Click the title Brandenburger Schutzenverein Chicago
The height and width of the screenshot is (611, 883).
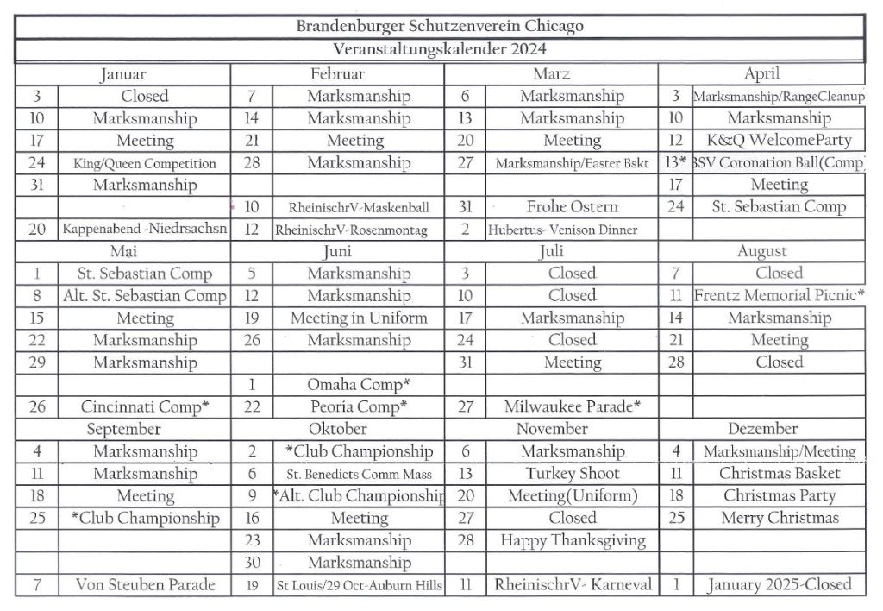tap(440, 26)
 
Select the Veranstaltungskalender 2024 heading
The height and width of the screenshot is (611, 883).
tap(440, 49)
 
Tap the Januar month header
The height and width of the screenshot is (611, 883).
tap(122, 74)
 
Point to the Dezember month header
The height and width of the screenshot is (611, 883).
tap(762, 429)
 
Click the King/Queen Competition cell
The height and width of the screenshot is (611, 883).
tap(145, 163)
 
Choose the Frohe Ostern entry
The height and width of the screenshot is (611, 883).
tap(572, 207)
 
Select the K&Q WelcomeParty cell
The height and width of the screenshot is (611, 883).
tap(779, 141)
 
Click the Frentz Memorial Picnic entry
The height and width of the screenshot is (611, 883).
tap(779, 296)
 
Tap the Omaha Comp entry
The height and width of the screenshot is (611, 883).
tap(358, 384)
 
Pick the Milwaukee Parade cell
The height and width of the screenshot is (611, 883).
tap(572, 406)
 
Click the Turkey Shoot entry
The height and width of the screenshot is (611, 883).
tap(572, 474)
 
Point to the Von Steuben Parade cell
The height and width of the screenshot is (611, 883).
tap(145, 585)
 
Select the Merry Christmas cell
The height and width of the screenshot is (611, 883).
tap(780, 519)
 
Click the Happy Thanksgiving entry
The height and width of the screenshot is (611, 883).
tap(573, 541)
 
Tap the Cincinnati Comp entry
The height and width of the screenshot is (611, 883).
tap(145, 406)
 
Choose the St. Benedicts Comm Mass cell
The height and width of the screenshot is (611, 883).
tap(359, 474)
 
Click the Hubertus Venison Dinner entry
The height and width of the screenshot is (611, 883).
tap(562, 230)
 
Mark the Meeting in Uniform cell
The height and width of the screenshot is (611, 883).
tap(359, 318)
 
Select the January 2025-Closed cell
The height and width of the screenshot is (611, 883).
tap(780, 585)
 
